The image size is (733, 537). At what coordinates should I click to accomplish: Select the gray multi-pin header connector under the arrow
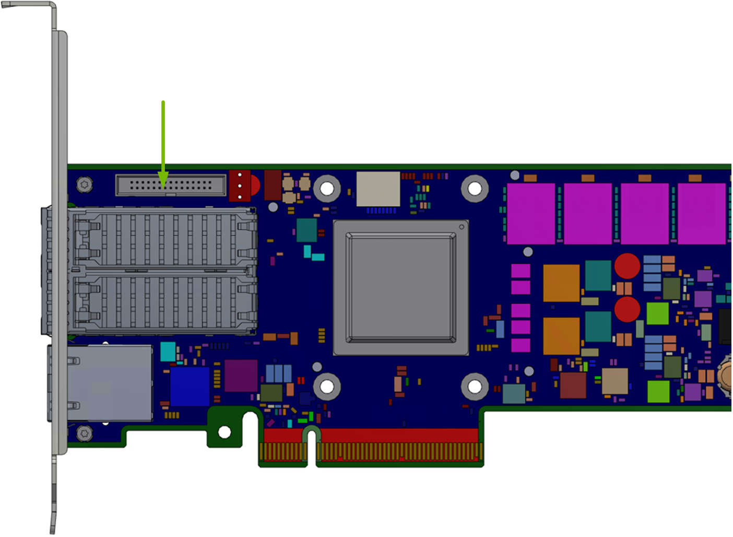tap(171, 185)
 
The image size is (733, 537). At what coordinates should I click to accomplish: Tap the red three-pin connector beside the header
tap(240, 185)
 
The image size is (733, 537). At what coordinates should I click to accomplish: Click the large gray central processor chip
tap(400, 288)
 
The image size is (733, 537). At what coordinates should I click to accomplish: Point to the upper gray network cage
tap(162, 238)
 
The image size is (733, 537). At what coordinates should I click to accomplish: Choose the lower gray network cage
tap(162, 303)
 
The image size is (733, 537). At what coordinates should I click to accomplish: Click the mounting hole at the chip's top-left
tap(327, 188)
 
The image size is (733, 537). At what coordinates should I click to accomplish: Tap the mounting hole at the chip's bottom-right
tap(475, 387)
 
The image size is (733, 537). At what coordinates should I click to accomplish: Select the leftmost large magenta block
tap(531, 213)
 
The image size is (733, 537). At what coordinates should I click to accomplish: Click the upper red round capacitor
tap(627, 266)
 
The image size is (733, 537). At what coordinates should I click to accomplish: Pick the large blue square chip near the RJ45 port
tap(190, 387)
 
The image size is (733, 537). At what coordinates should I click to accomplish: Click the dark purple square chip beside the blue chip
tap(241, 376)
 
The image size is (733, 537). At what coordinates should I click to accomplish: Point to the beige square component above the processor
tap(378, 189)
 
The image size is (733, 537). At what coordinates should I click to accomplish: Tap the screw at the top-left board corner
tap(85, 184)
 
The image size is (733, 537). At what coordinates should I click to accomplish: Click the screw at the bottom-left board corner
tap(85, 433)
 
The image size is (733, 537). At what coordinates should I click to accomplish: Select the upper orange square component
tap(561, 283)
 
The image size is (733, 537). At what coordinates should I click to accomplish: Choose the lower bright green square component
tap(658, 391)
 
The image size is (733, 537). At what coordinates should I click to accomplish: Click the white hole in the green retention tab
tap(224, 432)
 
